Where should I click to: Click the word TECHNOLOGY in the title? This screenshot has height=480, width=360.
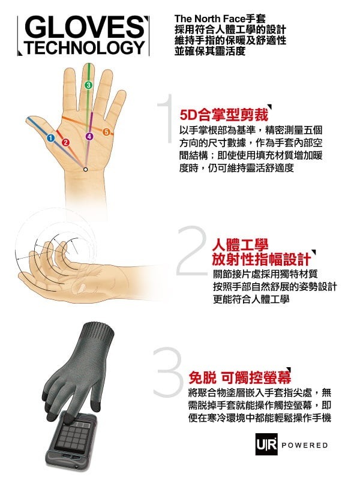85,47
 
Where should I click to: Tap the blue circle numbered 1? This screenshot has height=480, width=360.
51,138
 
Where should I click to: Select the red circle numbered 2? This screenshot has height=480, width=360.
66,142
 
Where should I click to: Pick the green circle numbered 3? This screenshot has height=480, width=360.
88,85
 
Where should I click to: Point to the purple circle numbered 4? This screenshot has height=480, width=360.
89,136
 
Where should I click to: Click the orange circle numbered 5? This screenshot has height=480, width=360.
106,132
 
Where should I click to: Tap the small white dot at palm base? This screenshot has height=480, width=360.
85,169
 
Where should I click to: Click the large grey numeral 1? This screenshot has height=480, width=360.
167,118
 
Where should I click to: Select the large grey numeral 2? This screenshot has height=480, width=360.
191,250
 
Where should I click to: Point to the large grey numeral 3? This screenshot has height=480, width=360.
168,372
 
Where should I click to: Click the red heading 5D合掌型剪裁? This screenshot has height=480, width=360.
224,115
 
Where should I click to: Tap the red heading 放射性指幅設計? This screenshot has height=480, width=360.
262,260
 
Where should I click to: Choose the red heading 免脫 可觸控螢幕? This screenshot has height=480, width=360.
239,377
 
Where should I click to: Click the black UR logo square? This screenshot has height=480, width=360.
266,444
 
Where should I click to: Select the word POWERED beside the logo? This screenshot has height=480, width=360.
305,445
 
